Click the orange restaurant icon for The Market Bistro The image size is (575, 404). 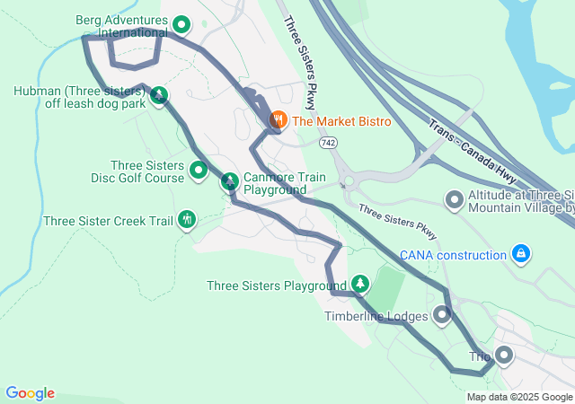(x=279, y=119)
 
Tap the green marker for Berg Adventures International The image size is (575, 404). (x=181, y=25)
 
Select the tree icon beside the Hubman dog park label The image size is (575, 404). (x=159, y=94)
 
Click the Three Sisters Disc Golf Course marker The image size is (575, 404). (x=199, y=169)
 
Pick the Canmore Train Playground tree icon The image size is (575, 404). (x=230, y=181)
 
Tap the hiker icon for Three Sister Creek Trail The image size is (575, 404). (x=187, y=218)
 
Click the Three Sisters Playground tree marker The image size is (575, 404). (x=360, y=284)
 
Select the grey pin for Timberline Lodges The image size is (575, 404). (x=442, y=314)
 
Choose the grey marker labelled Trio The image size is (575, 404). (x=503, y=356)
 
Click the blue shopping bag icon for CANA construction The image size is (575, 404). (x=520, y=254)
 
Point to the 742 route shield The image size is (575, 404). (x=328, y=143)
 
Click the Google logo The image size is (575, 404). (x=30, y=393)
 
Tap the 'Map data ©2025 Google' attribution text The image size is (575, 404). (x=518, y=397)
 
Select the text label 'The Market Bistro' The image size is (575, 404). (x=341, y=120)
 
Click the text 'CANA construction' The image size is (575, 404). (x=453, y=255)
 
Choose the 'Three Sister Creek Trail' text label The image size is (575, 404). (x=108, y=220)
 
